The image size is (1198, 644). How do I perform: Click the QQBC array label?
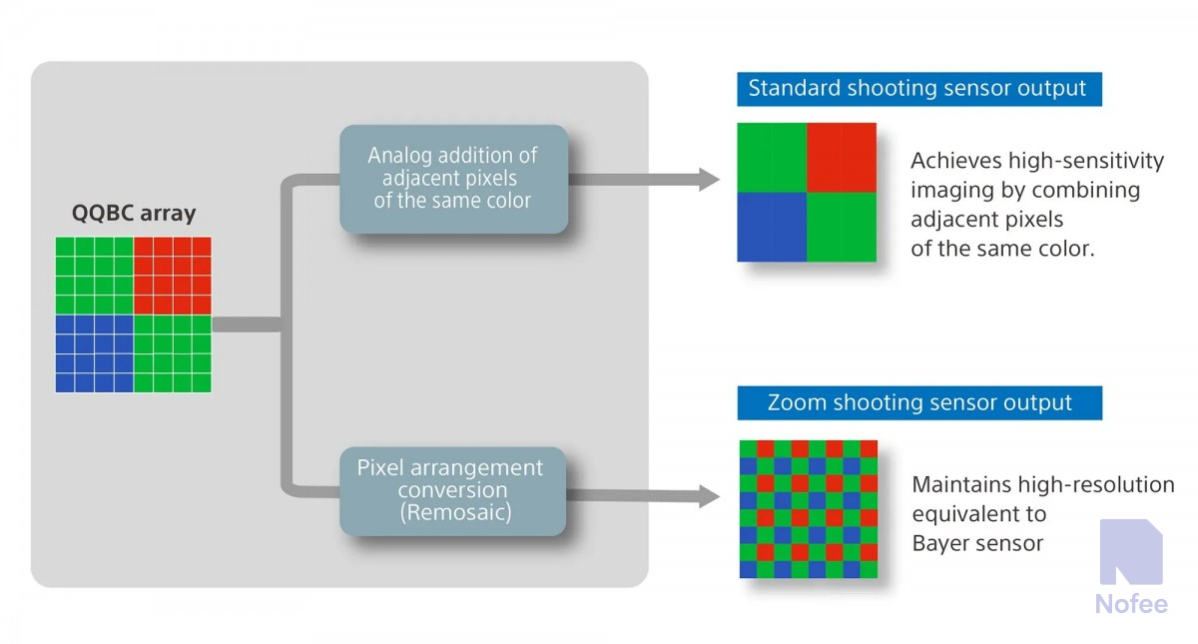(x=134, y=213)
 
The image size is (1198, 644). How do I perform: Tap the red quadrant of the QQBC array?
(x=173, y=276)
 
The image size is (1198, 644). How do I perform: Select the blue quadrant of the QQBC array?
(x=94, y=353)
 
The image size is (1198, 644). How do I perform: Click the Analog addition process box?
(x=453, y=179)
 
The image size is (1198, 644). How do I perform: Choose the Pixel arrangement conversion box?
(x=452, y=490)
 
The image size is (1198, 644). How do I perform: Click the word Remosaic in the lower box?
(x=452, y=513)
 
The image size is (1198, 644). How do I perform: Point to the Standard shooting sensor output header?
(x=917, y=88)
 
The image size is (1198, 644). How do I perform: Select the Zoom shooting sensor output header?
(x=919, y=403)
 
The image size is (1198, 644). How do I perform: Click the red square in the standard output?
(x=842, y=157)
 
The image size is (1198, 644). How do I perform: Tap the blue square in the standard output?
(x=772, y=227)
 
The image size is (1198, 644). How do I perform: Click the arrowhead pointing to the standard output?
(x=709, y=180)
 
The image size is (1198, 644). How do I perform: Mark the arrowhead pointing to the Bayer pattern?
(x=709, y=495)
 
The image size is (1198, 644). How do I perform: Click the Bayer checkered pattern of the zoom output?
(x=809, y=509)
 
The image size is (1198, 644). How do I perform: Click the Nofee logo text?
(x=1130, y=604)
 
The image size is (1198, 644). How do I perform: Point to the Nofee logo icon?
(x=1130, y=551)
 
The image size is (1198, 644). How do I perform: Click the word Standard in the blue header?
(x=795, y=88)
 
